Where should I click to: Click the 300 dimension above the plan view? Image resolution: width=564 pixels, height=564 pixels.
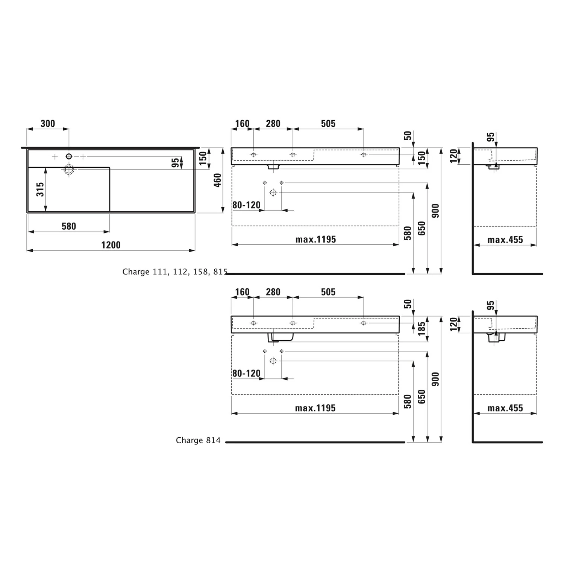[x=48, y=123]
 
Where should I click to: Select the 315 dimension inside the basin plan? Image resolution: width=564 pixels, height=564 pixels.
[x=40, y=189]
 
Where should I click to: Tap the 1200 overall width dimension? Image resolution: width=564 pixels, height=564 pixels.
[x=111, y=245]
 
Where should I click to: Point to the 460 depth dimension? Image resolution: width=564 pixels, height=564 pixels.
[x=217, y=180]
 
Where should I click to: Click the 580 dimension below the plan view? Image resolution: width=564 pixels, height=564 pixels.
[x=69, y=226]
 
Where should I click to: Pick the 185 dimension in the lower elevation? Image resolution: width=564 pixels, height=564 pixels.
[x=422, y=328]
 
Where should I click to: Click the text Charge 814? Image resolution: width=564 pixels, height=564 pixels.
[x=198, y=440]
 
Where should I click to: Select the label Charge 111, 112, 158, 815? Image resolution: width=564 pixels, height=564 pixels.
[x=175, y=272]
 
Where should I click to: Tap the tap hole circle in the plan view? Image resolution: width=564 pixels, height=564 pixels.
[x=69, y=156]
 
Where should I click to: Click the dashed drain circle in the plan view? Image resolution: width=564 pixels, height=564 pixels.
[x=69, y=170]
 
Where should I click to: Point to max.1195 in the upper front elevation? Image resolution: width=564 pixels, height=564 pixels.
[x=315, y=240]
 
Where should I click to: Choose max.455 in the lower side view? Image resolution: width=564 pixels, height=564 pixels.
[x=505, y=408]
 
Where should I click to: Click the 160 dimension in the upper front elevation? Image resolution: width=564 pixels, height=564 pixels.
[x=242, y=123]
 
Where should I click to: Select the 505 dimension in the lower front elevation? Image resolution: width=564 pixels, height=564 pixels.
[x=328, y=292]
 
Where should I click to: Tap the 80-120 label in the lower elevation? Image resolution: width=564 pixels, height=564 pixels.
[x=246, y=373]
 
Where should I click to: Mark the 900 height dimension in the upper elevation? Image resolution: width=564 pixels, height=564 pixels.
[x=435, y=211]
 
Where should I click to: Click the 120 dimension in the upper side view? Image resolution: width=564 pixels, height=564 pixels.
[x=453, y=156]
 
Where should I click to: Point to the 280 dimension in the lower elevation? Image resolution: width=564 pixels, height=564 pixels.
[x=273, y=292]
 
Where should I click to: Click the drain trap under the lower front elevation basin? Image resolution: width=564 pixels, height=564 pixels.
[x=280, y=337]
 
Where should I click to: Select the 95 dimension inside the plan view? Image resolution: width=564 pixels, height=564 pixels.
[x=175, y=163]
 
